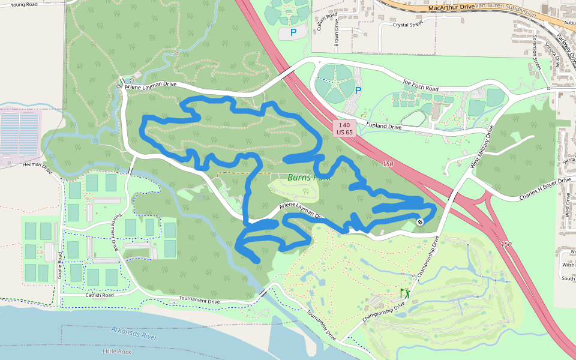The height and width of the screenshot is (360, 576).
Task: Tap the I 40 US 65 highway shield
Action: point(344,127)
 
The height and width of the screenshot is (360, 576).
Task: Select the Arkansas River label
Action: point(134,333)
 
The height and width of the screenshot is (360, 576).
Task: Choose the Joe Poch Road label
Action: point(421,86)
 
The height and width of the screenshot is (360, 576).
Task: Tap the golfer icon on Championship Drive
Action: point(406,293)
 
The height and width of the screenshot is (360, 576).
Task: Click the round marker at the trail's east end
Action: point(421,222)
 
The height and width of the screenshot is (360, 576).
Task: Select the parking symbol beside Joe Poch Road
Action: point(358,91)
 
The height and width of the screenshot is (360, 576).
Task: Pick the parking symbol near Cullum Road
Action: point(293,32)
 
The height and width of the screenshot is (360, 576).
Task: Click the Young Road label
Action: point(24,4)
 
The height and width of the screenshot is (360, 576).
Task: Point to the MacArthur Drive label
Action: point(452,7)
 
